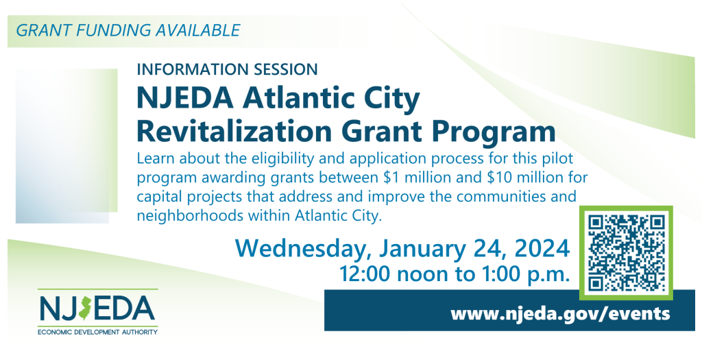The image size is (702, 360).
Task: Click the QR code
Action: [626, 252]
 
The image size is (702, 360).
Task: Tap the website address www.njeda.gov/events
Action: [560, 313]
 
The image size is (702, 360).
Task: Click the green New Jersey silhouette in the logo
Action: [84, 307]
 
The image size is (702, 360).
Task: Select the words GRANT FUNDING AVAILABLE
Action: [128, 30]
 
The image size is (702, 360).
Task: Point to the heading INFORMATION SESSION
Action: [228, 69]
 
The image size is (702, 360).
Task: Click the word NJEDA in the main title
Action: [185, 99]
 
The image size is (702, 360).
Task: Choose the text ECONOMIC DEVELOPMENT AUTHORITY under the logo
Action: [97, 333]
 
